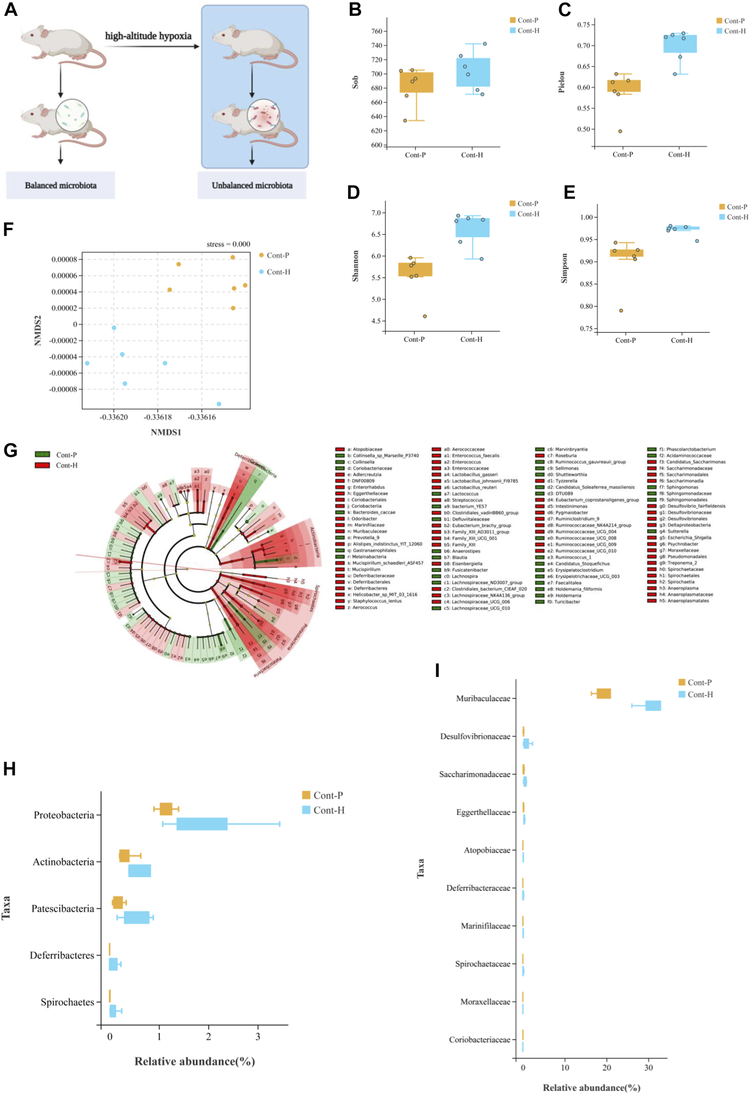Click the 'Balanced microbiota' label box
[60, 186]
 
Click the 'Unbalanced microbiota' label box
[252, 186]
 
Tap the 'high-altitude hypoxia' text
[148, 36]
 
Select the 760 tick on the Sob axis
[376, 31]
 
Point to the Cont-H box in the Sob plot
[473, 72]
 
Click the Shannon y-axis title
[356, 266]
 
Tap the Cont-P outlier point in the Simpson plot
[621, 311]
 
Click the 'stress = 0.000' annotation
[228, 244]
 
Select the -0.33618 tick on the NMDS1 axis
[158, 417]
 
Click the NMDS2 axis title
[38, 330]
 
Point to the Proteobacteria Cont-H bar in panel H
[202, 824]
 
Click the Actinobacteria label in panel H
[63, 862]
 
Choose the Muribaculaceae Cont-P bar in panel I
[604, 693]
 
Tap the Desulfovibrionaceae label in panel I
[474, 736]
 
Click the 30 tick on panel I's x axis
[648, 1068]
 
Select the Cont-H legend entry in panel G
[66, 465]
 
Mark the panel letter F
[8, 230]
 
